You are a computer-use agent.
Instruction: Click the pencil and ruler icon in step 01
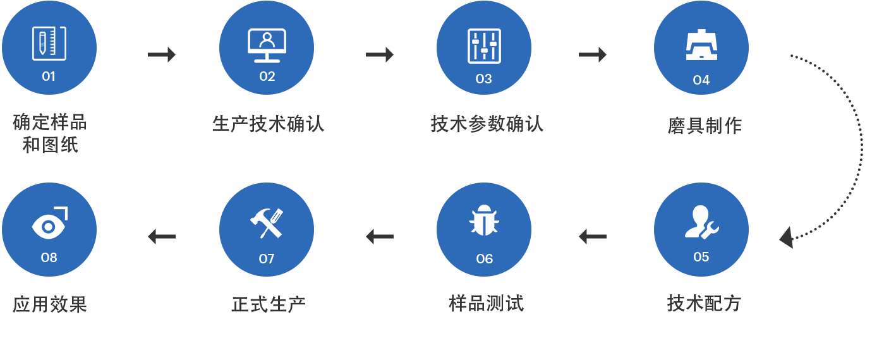point(49,44)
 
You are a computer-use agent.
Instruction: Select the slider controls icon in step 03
point(484,46)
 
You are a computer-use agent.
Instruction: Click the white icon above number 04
point(701,45)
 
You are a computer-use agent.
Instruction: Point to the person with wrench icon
point(701,222)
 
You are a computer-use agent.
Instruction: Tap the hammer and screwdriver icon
point(267,223)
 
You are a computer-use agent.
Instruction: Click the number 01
point(49,76)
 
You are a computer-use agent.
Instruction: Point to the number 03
point(483,79)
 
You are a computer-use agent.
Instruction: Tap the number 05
point(701,257)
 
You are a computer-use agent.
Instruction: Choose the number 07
point(267,259)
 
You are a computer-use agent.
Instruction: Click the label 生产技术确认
point(268,124)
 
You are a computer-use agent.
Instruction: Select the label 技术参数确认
point(487,124)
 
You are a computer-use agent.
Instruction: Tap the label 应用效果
point(50,305)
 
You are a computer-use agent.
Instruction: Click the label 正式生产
point(269,305)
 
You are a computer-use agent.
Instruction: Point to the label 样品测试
point(486,304)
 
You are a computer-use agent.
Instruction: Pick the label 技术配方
point(704,304)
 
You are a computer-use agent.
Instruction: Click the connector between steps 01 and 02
point(161,54)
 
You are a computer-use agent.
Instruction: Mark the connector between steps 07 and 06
point(379,236)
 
